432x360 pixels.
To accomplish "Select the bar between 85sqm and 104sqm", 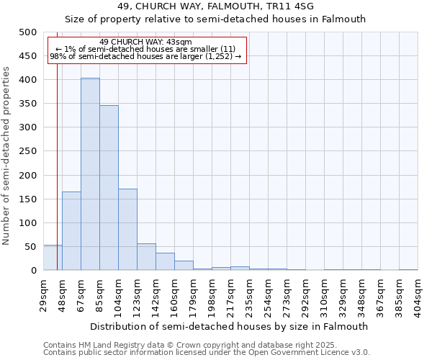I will click(x=109, y=188).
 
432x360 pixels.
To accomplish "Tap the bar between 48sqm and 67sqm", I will click(x=71, y=231).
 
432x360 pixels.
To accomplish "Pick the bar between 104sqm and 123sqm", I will click(x=127, y=230).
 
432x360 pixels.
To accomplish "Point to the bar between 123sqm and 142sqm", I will click(x=146, y=257).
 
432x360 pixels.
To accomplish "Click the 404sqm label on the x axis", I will click(x=418, y=294).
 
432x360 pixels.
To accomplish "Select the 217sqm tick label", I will click(x=231, y=294).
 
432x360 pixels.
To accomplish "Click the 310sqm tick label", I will click(x=325, y=294).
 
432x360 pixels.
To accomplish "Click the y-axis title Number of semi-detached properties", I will click(x=7, y=155).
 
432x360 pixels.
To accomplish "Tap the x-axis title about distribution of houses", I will click(x=230, y=326).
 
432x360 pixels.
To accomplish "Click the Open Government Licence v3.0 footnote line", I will click(x=207, y=353).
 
